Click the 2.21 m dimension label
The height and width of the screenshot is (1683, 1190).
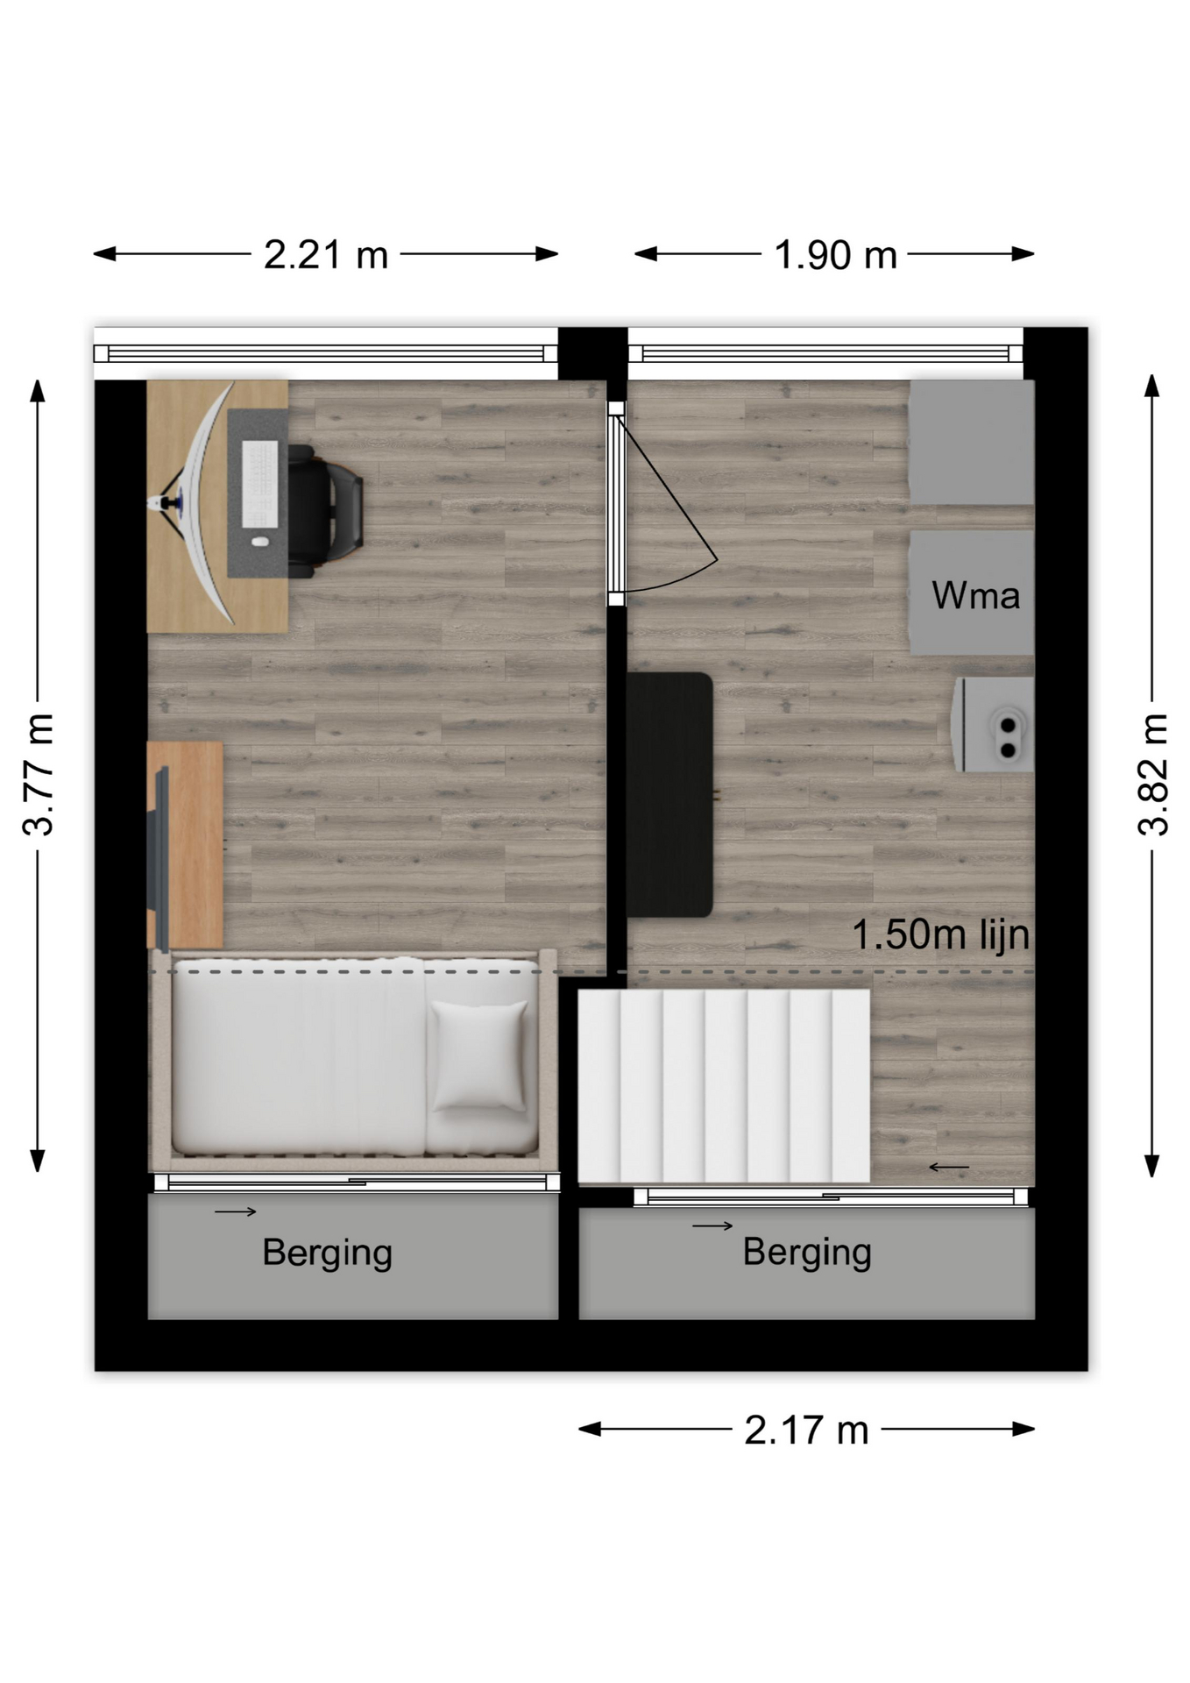(326, 255)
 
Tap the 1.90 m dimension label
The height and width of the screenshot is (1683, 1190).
(835, 255)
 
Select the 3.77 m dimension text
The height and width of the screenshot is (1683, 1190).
(39, 774)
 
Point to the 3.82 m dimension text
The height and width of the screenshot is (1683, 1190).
(1153, 774)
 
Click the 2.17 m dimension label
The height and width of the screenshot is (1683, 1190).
(806, 1430)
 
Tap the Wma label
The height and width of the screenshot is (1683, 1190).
(975, 596)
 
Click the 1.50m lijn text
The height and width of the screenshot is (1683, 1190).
(941, 934)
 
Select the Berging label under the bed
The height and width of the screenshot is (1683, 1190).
(327, 1253)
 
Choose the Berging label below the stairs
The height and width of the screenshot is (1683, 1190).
(807, 1253)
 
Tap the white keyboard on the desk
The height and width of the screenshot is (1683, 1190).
(259, 485)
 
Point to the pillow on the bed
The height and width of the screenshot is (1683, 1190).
(480, 1056)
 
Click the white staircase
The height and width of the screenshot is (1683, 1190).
(724, 1086)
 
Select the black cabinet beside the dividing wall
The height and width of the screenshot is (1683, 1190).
(669, 794)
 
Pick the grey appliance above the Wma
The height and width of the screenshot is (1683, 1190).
(972, 442)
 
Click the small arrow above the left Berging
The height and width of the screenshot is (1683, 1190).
(236, 1211)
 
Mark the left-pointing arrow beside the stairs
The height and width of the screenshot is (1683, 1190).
(949, 1167)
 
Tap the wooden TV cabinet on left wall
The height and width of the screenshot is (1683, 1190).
(185, 845)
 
